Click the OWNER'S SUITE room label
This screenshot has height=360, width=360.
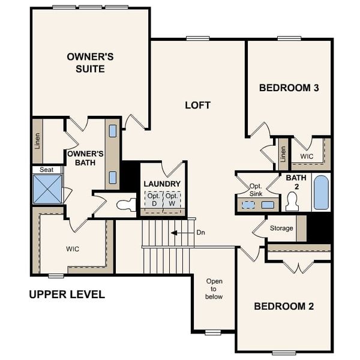(x=90, y=63)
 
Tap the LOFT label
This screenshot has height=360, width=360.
(x=197, y=105)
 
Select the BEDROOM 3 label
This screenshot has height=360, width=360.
(x=289, y=88)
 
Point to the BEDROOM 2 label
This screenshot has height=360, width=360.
(x=284, y=306)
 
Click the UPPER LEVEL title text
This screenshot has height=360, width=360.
(x=67, y=295)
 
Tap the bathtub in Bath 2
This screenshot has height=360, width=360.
(x=321, y=193)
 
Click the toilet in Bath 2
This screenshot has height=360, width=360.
(x=292, y=202)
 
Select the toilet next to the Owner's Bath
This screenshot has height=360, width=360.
(x=127, y=205)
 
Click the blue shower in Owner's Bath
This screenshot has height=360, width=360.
(x=47, y=189)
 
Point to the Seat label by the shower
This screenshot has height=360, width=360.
(x=47, y=170)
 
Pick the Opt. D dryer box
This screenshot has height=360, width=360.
(x=154, y=200)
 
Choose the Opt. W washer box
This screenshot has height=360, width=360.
(x=172, y=200)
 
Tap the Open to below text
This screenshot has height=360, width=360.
(x=214, y=289)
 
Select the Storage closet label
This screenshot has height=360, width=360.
(x=281, y=228)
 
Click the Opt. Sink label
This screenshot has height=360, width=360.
(x=256, y=189)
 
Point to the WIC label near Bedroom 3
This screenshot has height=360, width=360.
(x=307, y=156)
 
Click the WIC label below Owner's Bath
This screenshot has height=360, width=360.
(x=73, y=248)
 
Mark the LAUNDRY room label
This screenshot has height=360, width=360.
(x=161, y=184)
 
